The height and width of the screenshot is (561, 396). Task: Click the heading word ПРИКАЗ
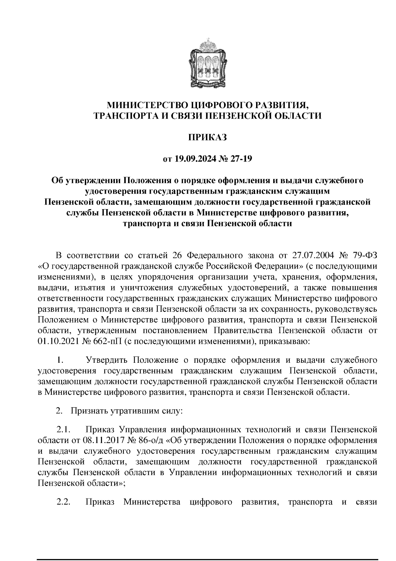click(208, 137)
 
